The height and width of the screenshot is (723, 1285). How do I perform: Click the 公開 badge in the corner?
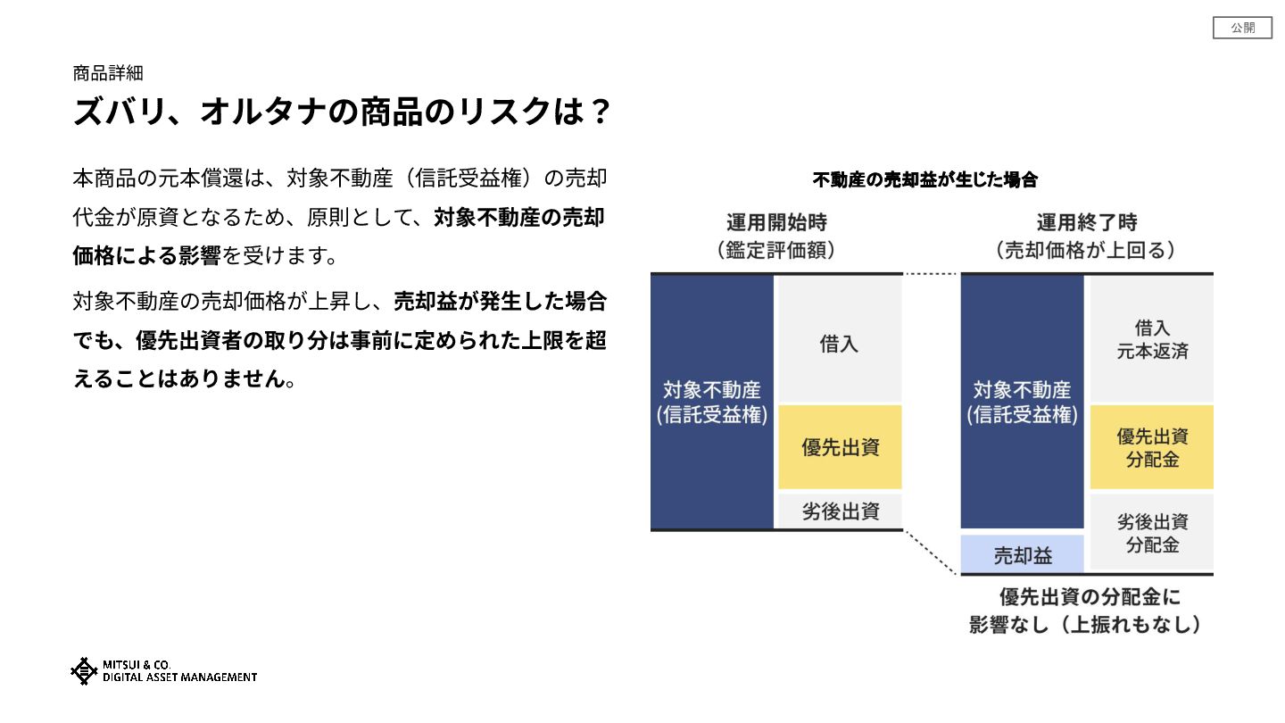(1242, 29)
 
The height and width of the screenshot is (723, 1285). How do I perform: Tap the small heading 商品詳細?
(108, 73)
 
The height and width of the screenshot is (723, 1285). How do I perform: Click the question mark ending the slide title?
(601, 113)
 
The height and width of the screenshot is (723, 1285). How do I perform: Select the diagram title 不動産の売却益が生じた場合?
(925, 180)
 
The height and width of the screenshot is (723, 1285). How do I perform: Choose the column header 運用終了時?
(1086, 223)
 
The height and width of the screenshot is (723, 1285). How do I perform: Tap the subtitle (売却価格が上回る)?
(1086, 251)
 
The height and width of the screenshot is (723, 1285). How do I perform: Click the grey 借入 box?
(839, 344)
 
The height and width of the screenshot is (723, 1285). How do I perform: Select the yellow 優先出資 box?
(840, 447)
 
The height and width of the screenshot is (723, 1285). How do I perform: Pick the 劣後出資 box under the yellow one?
(840, 511)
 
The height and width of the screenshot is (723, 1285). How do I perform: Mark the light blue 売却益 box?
(1023, 555)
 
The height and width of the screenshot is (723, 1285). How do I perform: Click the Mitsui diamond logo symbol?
(84, 671)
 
